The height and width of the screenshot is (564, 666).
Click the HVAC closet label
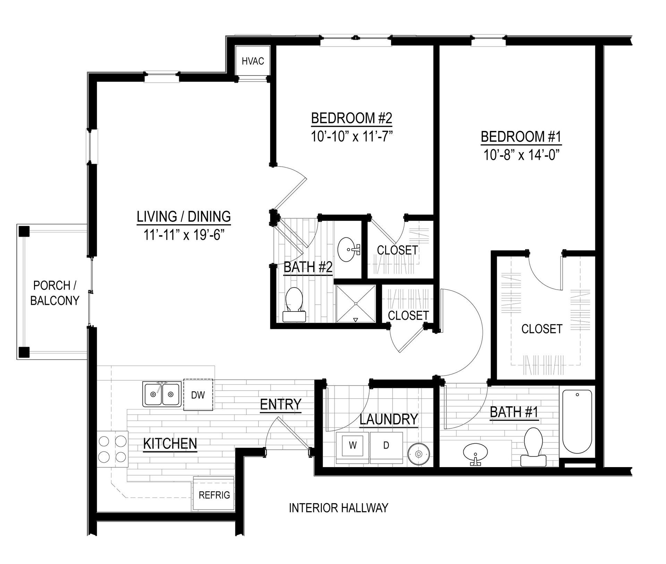tap(253, 61)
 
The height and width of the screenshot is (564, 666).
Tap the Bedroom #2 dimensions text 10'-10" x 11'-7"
tap(351, 136)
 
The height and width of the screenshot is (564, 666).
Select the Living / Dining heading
tap(184, 216)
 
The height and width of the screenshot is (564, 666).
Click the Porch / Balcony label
tap(55, 293)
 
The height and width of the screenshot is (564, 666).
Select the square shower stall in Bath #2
tap(356, 304)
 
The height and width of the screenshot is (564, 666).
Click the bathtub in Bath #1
tap(577, 421)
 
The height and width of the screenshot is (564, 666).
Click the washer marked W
tap(353, 445)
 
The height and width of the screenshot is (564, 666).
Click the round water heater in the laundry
tap(419, 454)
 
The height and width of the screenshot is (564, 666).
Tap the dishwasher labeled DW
tap(198, 395)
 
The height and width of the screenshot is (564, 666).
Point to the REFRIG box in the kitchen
tap(214, 494)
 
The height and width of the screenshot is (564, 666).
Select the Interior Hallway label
tap(339, 508)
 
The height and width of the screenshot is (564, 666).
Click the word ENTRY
tap(281, 404)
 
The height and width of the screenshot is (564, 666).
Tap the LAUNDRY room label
tap(388, 419)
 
